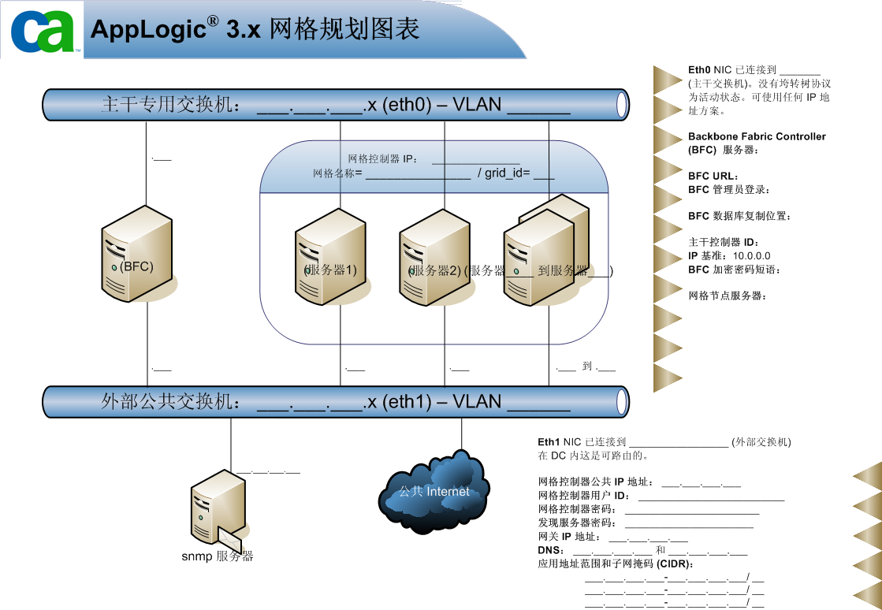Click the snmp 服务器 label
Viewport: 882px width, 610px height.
click(x=218, y=556)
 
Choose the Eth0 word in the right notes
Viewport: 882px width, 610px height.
click(x=699, y=70)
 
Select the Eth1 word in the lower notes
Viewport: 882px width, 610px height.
click(x=549, y=442)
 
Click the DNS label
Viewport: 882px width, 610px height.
click(x=550, y=550)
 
